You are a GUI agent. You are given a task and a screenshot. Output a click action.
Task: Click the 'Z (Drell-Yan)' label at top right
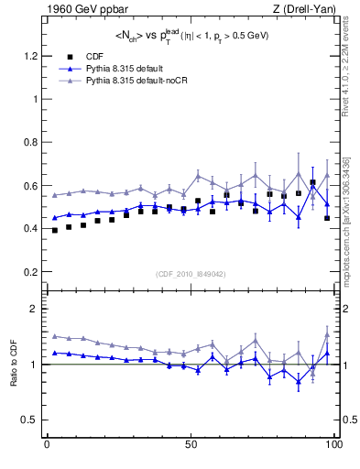300,10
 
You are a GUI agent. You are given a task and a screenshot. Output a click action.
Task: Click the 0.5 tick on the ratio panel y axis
29,420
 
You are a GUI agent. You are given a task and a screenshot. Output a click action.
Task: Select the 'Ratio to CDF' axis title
14,365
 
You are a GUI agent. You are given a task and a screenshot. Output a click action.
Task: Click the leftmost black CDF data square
55,230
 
